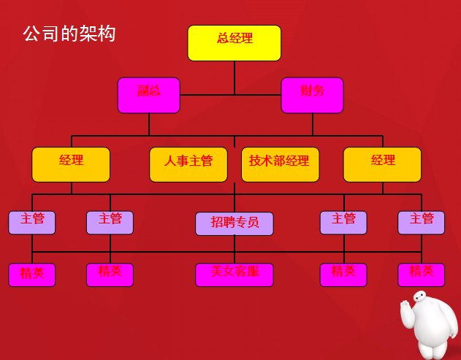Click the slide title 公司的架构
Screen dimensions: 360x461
[69, 34]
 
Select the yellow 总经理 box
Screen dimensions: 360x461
[235, 42]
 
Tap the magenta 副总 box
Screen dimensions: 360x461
[148, 95]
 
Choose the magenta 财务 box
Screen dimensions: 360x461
[312, 95]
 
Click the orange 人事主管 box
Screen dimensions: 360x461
[188, 164]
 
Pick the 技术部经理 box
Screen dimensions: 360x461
[280, 164]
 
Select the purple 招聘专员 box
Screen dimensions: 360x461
[235, 223]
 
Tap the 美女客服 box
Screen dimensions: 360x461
[235, 275]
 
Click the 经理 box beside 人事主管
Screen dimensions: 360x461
[71, 164]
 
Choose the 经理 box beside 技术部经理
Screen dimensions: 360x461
[382, 164]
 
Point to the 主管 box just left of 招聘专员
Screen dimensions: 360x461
[110, 222]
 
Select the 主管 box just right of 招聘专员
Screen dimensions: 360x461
[343, 222]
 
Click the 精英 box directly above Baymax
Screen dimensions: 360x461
[421, 275]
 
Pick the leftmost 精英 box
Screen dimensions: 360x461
[32, 275]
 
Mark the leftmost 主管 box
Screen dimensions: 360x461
[32, 222]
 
